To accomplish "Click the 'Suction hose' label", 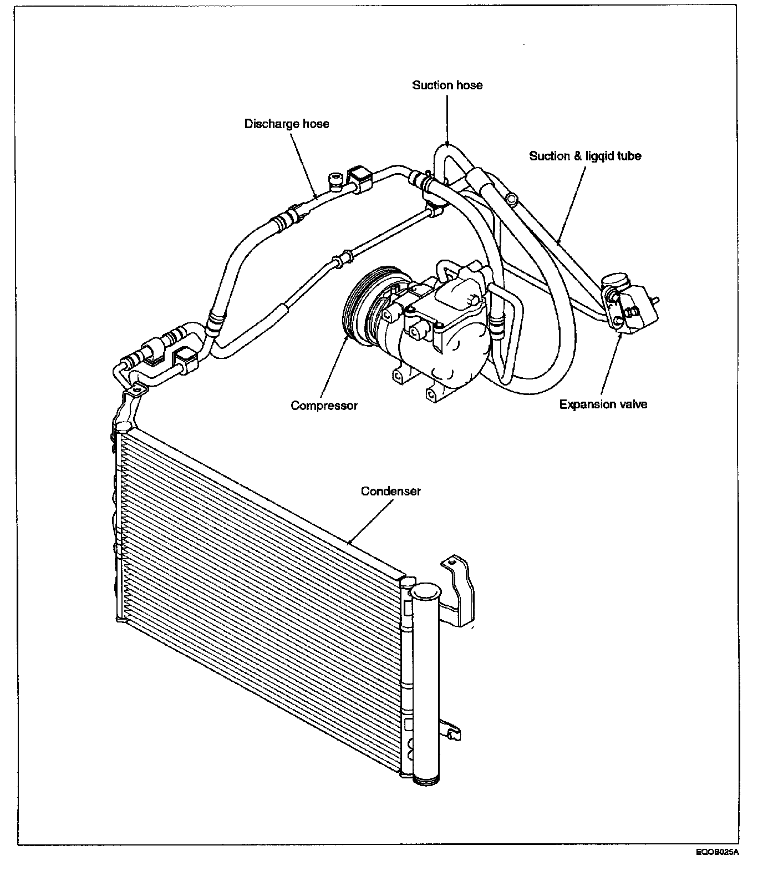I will pos(447,85).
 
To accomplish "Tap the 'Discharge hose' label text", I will pos(287,123).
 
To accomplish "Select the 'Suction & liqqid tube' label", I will pos(585,156).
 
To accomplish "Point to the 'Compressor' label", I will pos(324,406).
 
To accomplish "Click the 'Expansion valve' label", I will pos(603,404).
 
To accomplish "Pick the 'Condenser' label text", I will pos(391,491).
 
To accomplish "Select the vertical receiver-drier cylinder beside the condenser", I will pos(426,688).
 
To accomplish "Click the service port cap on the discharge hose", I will pos(335,179).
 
